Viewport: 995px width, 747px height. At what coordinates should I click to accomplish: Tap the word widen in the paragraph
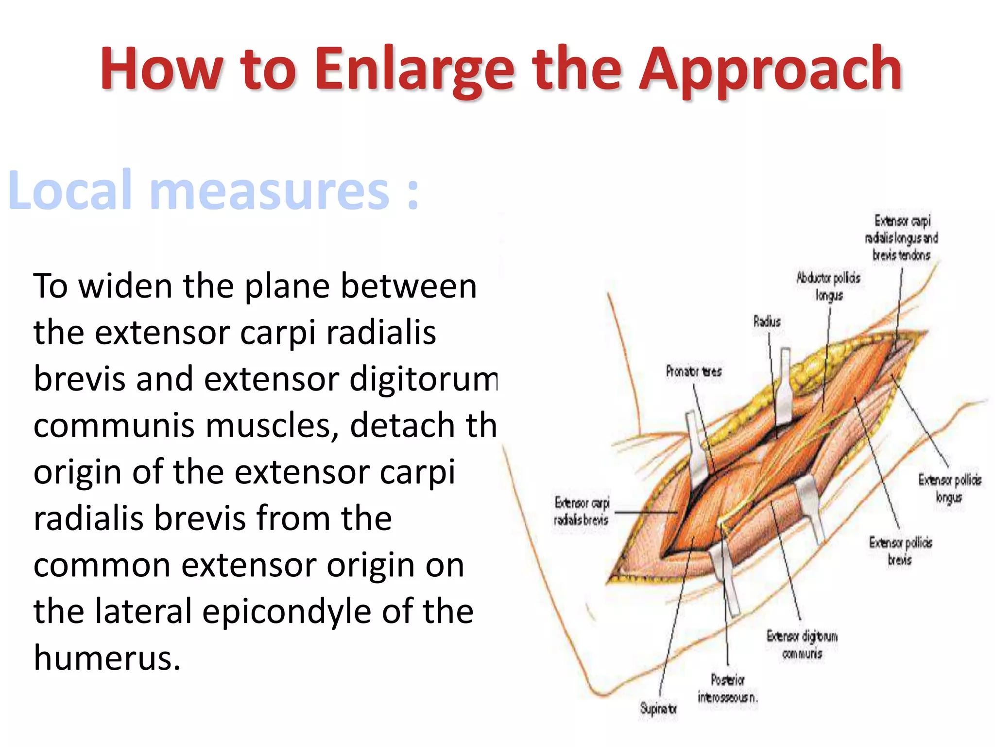pos(125,286)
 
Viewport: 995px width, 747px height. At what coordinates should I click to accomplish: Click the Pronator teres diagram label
pos(693,372)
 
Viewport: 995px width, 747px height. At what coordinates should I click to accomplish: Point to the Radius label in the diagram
pos(767,321)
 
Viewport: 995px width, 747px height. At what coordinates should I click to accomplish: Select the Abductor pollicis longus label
pos(828,286)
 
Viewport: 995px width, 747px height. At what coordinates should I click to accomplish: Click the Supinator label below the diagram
pos(658,709)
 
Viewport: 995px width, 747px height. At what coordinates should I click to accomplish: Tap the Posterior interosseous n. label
pos(727,689)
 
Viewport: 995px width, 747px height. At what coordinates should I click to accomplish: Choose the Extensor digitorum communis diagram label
pos(802,645)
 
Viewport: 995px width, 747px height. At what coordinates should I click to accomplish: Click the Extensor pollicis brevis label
pos(900,551)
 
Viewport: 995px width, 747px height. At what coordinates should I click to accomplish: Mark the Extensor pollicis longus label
pos(949,488)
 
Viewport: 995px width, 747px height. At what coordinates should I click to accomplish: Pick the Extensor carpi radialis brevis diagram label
pos(582,511)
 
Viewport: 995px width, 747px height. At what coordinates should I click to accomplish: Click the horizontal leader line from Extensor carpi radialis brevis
pos(646,512)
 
